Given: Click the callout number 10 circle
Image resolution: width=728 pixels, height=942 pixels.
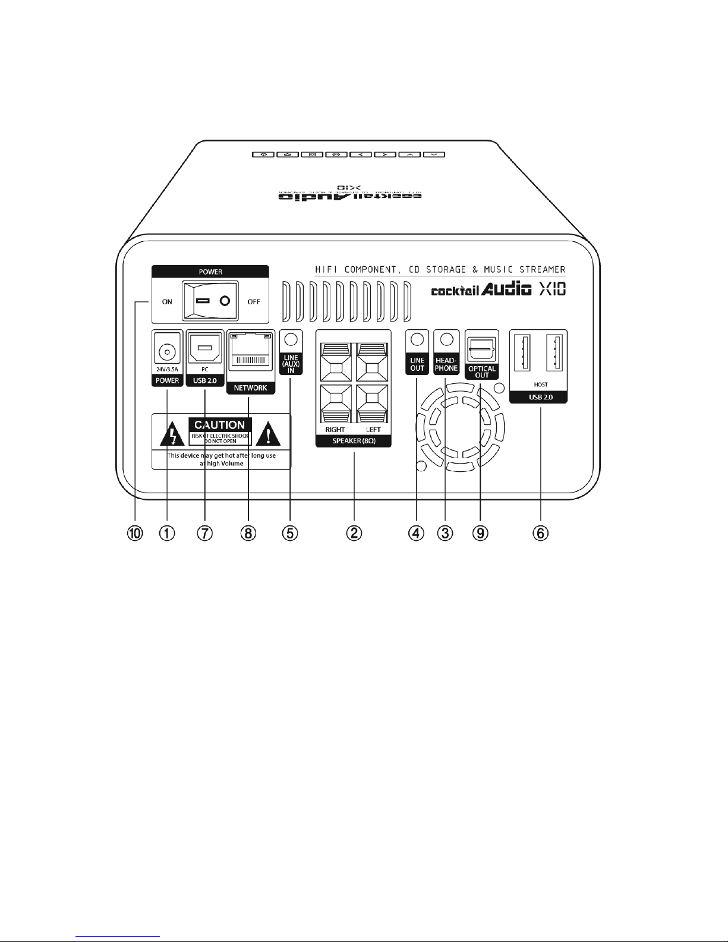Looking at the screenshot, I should [136, 533].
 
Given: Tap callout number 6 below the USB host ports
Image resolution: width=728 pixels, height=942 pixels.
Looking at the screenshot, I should [540, 533].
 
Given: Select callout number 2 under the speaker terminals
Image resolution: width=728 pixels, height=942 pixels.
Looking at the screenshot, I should [354, 533].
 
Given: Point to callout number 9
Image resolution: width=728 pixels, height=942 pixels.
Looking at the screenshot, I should [480, 533].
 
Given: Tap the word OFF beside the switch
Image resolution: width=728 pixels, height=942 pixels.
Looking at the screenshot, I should [254, 301].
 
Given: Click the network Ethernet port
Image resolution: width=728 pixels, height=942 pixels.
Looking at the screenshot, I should [250, 354].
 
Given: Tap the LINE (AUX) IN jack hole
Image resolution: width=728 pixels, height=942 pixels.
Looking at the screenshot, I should [291, 340].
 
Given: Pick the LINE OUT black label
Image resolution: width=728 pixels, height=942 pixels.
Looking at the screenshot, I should [417, 364].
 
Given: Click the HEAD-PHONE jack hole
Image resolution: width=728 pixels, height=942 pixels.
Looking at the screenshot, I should [447, 339].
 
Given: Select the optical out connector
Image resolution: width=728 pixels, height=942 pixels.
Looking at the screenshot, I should [481, 349].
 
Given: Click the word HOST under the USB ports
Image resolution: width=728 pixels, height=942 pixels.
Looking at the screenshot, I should [541, 385].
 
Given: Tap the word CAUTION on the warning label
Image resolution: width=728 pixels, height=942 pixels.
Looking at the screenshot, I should [220, 425].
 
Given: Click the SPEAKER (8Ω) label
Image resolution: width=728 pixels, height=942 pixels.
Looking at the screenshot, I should [353, 441].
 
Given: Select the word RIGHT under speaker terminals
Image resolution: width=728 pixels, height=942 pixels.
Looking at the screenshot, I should [335, 429].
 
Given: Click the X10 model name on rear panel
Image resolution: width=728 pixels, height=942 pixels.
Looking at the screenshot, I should [552, 290].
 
